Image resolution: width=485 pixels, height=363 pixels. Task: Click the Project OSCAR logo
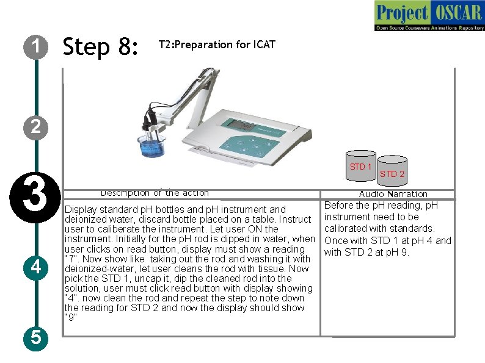click(429, 16)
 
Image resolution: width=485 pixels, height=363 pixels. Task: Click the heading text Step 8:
click(101, 46)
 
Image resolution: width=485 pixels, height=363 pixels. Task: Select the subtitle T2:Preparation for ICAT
click(217, 45)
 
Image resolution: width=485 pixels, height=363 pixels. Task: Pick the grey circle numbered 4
click(36, 267)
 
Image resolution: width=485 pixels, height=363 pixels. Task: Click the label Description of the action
click(155, 193)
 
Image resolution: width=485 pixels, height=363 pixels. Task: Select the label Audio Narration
click(393, 194)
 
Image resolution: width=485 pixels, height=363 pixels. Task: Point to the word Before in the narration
click(339, 205)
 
